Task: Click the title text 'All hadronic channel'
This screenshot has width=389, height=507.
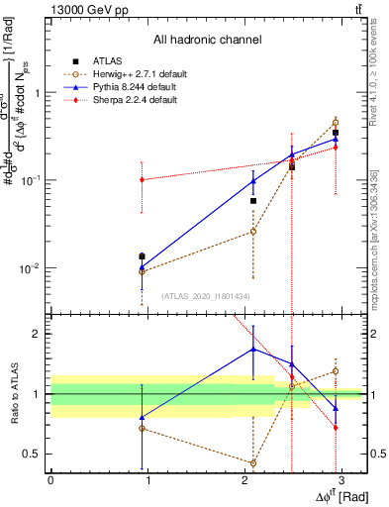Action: [x=207, y=41]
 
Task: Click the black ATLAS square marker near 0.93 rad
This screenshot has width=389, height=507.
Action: [x=142, y=256]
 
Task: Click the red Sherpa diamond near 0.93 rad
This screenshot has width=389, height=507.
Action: [x=142, y=180]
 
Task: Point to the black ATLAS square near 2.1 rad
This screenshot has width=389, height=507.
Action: [x=253, y=201]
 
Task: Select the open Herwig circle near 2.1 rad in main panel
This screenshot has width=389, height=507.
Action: [x=253, y=232]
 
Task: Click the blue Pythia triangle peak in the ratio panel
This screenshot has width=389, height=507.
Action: [x=253, y=349]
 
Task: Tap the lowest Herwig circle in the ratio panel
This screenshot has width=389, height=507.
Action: [x=253, y=463]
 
